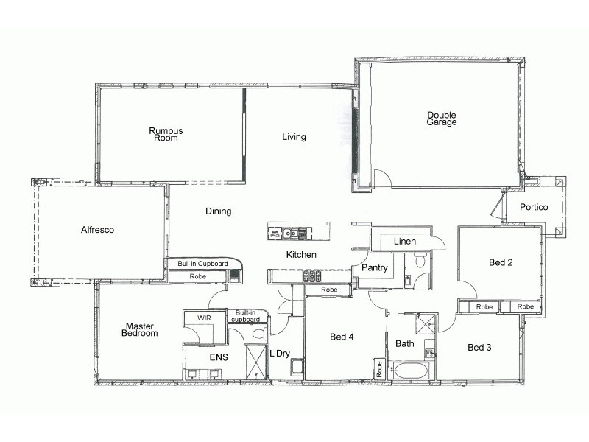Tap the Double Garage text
(x=442, y=119)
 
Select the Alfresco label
(x=97, y=230)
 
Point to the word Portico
(x=533, y=208)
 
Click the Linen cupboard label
(x=404, y=242)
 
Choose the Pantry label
(x=374, y=268)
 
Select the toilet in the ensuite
(x=258, y=334)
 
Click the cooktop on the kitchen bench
(x=311, y=276)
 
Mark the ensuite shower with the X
(x=256, y=360)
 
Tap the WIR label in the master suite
(x=204, y=318)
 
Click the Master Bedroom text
(x=140, y=329)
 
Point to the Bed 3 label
(x=479, y=348)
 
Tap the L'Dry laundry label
(x=281, y=354)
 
